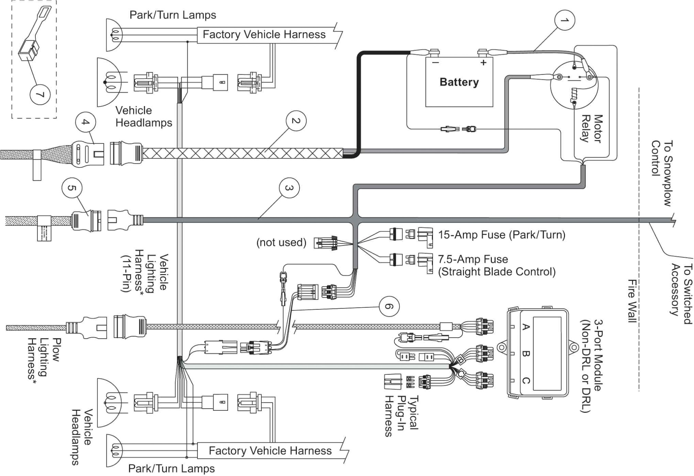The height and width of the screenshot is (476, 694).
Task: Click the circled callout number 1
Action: pos(564,21)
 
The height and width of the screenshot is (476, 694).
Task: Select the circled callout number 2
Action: pos(296,121)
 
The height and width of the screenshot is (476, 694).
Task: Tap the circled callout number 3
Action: pos(289,188)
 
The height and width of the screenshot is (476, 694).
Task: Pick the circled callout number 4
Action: pos(86,122)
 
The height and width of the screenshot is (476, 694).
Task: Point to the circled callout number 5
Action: pos(72,188)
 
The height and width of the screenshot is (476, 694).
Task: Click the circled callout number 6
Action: pos(389,306)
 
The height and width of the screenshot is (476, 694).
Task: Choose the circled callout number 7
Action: pos(40,94)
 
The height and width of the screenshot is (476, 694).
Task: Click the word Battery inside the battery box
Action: pos(459,82)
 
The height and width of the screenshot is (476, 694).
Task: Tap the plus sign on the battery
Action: pos(484,63)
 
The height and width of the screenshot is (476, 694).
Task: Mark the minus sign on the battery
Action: pos(435,63)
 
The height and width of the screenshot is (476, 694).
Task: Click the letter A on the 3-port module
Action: pos(525,327)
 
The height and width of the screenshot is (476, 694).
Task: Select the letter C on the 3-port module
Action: pos(525,381)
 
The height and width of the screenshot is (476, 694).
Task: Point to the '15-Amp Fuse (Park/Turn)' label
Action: pos(501,235)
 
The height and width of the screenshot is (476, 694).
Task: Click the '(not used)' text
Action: pos(281,242)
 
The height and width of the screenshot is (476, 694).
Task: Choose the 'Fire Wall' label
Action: pos(632,301)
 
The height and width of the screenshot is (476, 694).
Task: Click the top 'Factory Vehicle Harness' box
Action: pos(264,35)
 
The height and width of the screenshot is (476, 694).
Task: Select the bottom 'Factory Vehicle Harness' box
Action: pos(270,451)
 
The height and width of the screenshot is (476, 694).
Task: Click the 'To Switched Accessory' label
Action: pos(681,294)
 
